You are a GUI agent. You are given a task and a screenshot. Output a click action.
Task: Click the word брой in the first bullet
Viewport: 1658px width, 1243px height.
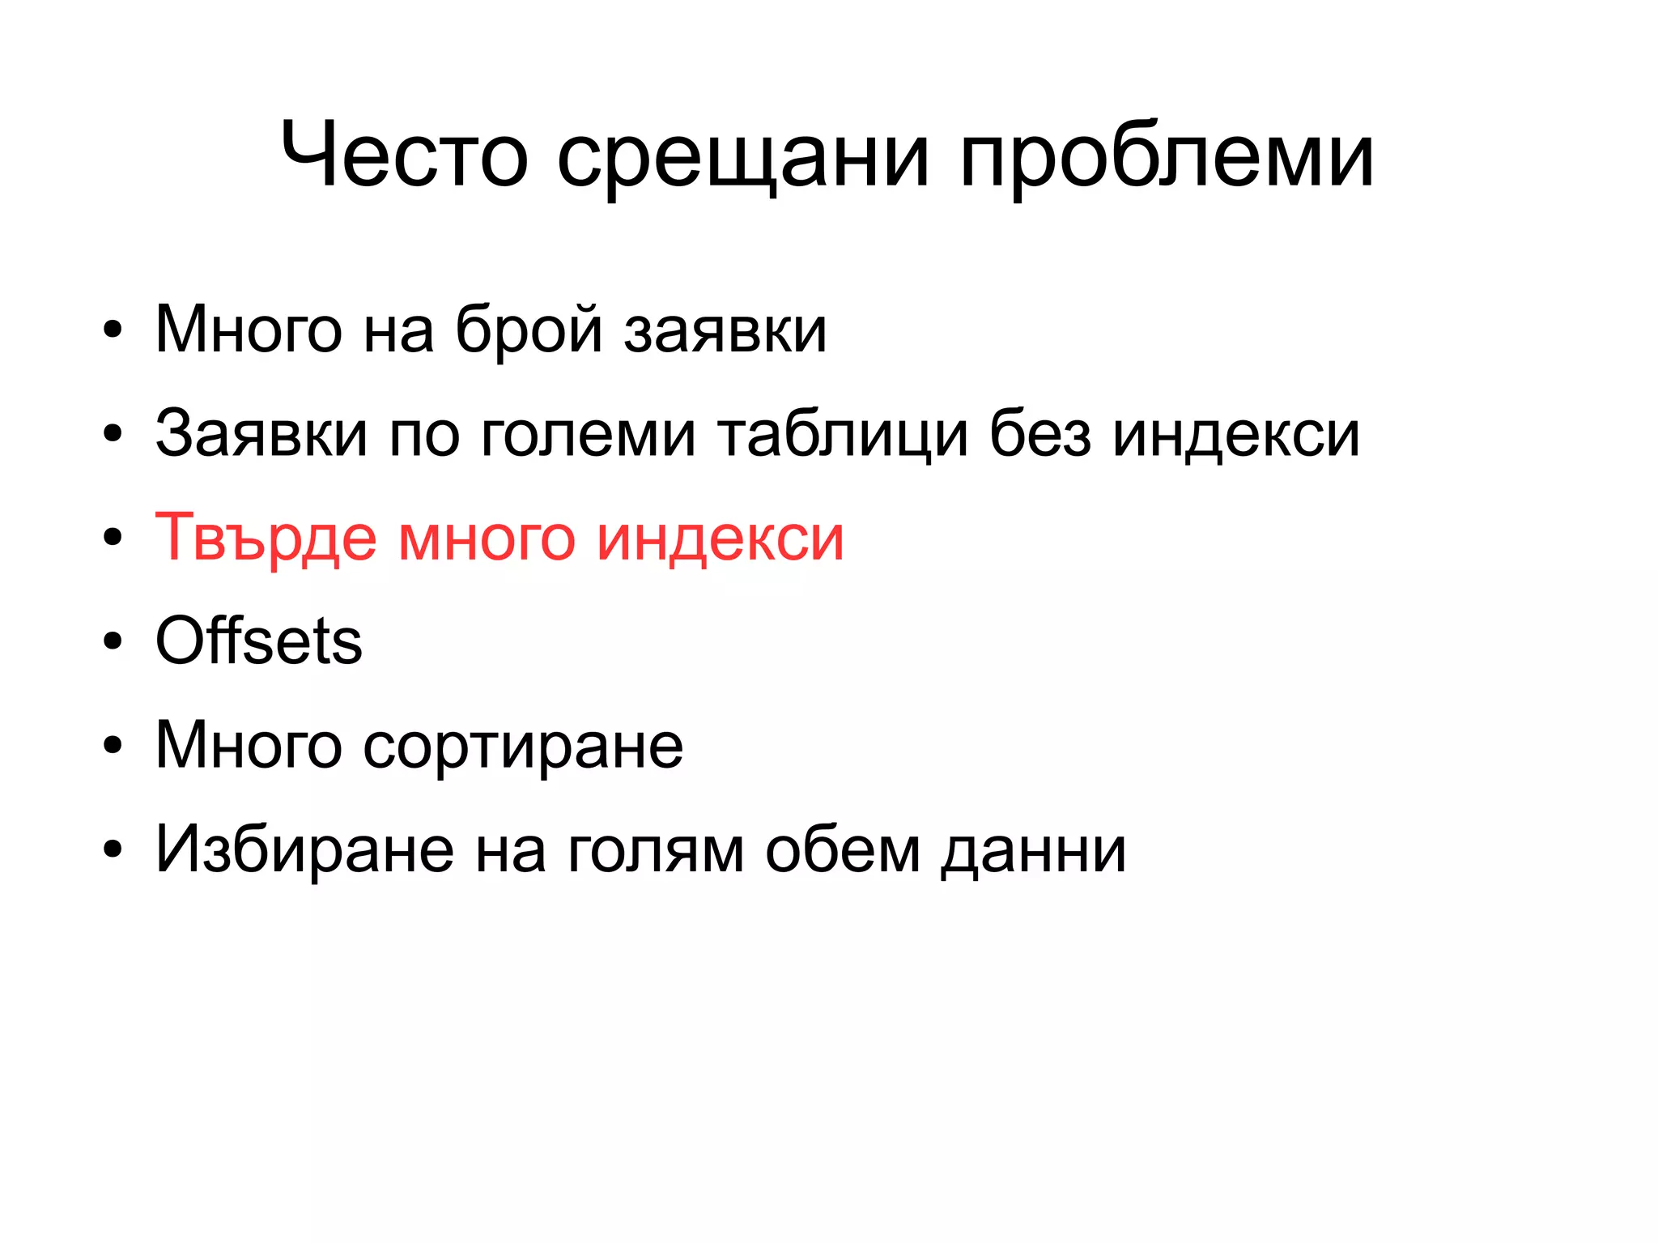(529, 330)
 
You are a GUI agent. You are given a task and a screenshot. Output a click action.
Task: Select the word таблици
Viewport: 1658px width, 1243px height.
(843, 435)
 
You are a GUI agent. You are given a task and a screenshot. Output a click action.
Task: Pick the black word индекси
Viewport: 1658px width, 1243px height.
(1236, 435)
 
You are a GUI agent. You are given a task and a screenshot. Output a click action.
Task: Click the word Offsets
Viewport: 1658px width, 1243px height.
(258, 641)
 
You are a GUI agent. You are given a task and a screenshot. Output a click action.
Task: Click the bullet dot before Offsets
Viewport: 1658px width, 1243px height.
(113, 641)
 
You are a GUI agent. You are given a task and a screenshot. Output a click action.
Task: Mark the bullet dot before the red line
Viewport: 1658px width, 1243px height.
(113, 538)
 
